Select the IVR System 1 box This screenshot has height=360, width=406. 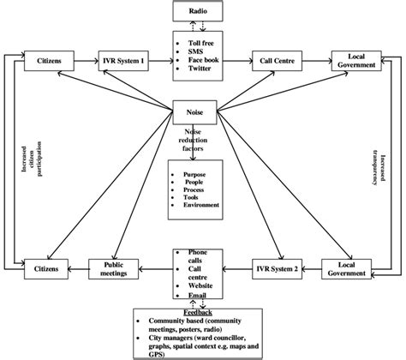[124, 62]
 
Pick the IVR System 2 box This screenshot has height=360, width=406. [275, 267]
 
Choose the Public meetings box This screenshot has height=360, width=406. [116, 267]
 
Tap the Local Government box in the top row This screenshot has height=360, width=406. [356, 61]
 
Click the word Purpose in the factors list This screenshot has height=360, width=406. [195, 175]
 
